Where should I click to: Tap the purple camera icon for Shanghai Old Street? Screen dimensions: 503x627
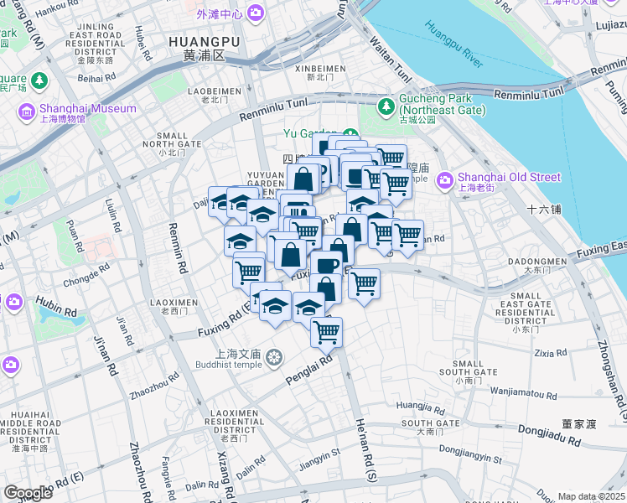(x=444, y=178)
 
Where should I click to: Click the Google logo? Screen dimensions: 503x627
(x=28, y=493)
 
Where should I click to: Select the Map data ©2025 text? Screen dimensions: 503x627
(x=591, y=496)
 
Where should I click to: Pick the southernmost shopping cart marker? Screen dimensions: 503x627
(x=326, y=331)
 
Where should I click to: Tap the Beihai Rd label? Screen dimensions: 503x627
(x=91, y=79)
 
